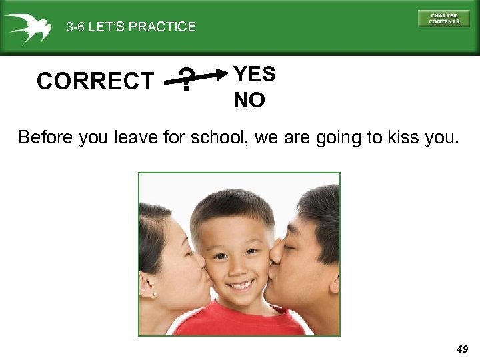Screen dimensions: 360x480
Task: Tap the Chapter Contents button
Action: coord(443,19)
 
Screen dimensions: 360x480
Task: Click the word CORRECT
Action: coord(95,81)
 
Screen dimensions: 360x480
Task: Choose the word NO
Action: coord(249,100)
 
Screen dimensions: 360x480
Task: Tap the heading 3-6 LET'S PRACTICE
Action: coord(131,27)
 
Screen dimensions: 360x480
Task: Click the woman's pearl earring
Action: coord(154,294)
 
